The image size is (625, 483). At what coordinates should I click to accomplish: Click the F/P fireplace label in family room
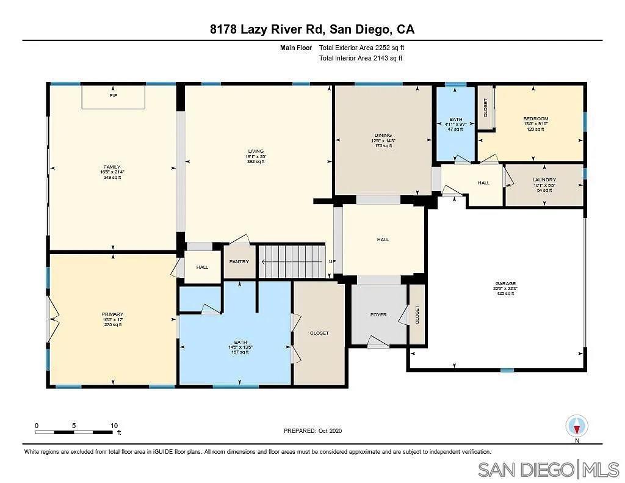click(x=113, y=96)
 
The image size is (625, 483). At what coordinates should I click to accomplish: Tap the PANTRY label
click(x=239, y=261)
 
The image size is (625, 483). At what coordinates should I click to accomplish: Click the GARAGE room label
click(x=505, y=284)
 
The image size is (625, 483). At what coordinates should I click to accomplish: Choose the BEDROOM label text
click(x=536, y=118)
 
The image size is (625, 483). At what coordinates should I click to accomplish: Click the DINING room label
click(x=383, y=136)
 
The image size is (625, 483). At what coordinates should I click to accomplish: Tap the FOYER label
click(x=378, y=314)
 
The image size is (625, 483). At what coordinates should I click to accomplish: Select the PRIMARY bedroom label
click(x=112, y=314)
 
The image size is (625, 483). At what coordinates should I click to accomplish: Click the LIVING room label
click(x=255, y=151)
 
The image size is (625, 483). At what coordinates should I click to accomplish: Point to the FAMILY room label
click(x=112, y=167)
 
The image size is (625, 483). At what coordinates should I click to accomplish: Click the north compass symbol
click(x=577, y=426)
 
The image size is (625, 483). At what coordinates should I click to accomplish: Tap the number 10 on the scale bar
click(x=114, y=425)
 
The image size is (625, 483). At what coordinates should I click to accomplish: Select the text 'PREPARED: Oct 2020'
click(x=312, y=430)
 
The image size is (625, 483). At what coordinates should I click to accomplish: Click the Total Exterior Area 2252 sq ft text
click(x=362, y=48)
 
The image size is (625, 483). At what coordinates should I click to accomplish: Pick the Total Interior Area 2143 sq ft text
click(x=361, y=59)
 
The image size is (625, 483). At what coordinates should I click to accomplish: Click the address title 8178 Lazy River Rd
click(x=312, y=29)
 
